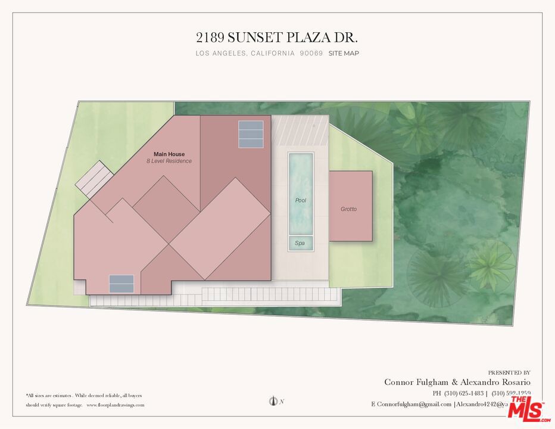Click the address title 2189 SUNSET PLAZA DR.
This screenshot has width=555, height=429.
click(x=277, y=38)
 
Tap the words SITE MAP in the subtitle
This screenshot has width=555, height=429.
click(x=344, y=53)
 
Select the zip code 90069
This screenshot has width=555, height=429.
click(x=311, y=53)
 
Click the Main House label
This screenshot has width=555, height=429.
click(x=169, y=154)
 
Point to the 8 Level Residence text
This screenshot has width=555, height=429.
click(x=169, y=161)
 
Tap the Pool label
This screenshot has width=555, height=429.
click(x=301, y=201)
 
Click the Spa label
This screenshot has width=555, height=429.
click(x=300, y=243)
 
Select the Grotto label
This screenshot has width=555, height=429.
click(x=349, y=209)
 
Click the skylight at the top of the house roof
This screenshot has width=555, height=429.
click(x=250, y=135)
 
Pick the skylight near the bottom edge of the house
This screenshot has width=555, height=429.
click(x=121, y=284)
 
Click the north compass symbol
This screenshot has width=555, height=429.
click(x=275, y=402)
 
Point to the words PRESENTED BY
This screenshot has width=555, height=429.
click(x=509, y=372)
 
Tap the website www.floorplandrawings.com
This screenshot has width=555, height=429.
click(x=116, y=405)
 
